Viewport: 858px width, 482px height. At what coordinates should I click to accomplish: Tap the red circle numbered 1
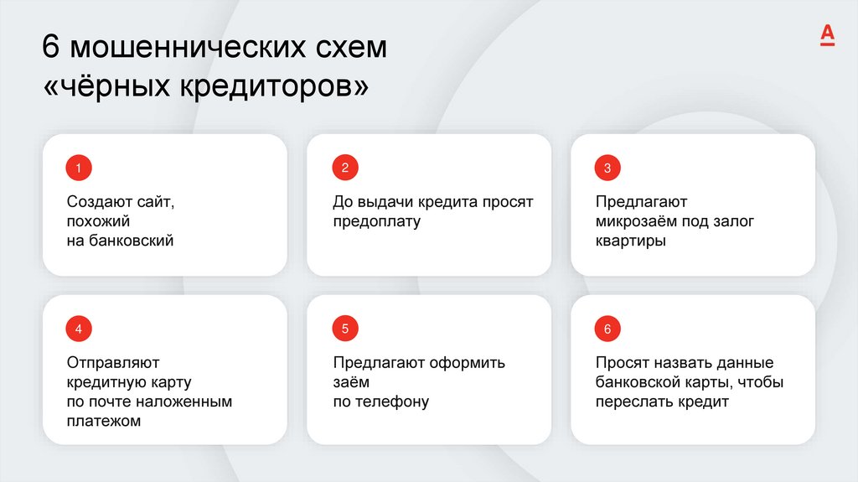coord(79,168)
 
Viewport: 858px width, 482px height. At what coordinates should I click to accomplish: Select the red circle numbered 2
coord(344,168)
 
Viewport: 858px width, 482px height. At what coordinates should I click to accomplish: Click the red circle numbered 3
coord(607,168)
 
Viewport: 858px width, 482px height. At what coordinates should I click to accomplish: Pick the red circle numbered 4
coord(79,329)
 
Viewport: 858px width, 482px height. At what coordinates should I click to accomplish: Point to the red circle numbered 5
coord(344,329)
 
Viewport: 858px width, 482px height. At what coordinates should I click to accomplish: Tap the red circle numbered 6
coord(607,329)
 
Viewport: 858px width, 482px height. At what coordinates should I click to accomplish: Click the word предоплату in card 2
coord(376,222)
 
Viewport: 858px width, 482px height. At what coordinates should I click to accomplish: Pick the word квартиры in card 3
coord(631,241)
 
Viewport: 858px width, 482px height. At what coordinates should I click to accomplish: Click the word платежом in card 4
coord(104,421)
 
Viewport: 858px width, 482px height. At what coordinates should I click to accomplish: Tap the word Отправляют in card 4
coord(113,363)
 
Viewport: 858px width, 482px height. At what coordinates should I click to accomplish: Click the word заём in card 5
coord(351,382)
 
